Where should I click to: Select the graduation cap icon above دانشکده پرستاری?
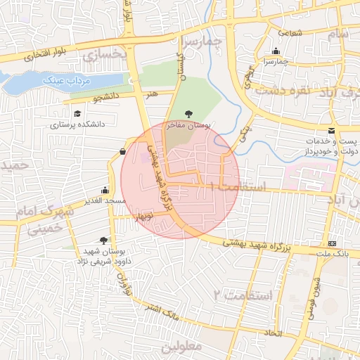[x=76, y=112]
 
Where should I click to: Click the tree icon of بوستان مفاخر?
[x=188, y=113]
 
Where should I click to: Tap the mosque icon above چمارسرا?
[x=276, y=51]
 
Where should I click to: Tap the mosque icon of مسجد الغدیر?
[x=105, y=190]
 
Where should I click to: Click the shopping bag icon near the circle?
[x=123, y=151]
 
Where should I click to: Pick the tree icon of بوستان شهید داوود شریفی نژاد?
[x=104, y=240]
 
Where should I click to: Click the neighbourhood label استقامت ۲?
[x=241, y=295]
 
